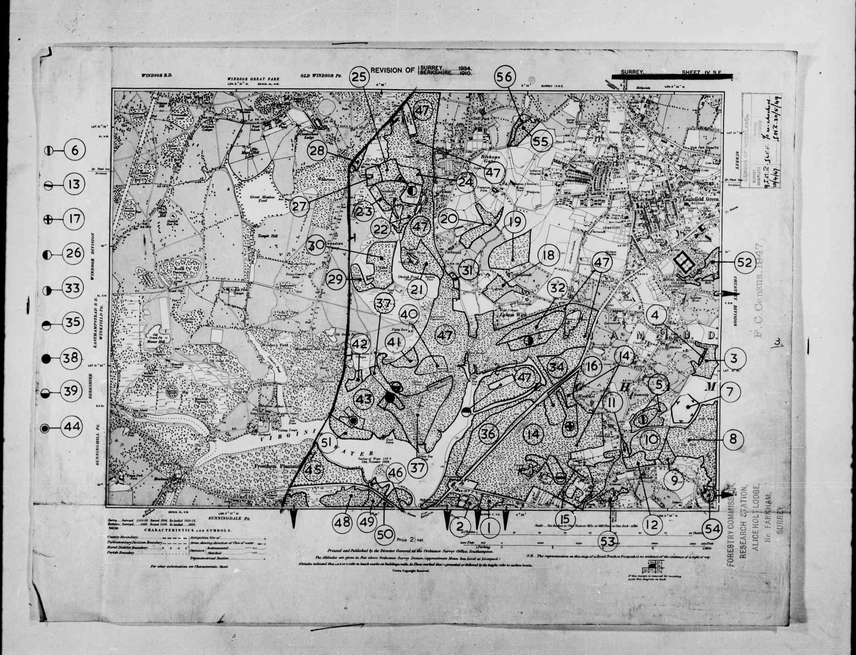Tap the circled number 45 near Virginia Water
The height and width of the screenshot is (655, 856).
312,471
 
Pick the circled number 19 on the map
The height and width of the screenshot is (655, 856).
515,223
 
